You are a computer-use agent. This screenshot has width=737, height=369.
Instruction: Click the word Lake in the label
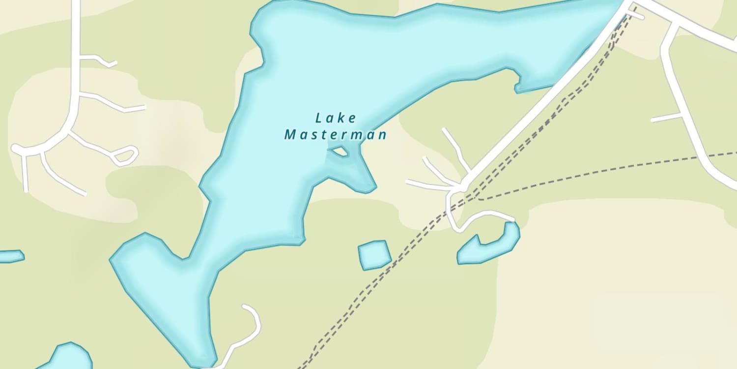coord(336,118)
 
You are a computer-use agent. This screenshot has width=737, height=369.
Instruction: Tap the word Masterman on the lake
coord(336,134)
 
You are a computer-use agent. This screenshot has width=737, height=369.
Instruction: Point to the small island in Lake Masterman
coord(339,152)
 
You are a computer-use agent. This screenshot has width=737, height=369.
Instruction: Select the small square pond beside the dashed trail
coord(374,255)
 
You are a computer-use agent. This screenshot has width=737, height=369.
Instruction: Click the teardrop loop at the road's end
coord(125,155)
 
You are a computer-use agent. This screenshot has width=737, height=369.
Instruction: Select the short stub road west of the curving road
coord(666,118)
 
